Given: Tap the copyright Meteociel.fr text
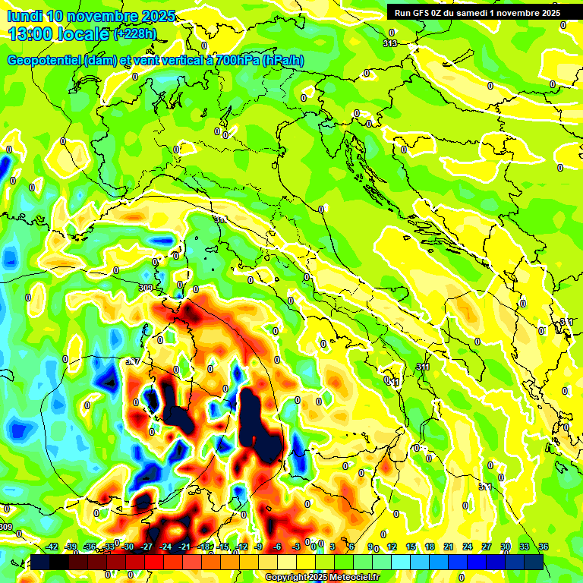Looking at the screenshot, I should coord(322,578).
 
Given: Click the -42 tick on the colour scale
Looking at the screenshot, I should coord(52,547).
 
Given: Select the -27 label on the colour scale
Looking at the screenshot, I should coord(147,547).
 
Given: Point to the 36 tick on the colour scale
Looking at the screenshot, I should coord(543,547).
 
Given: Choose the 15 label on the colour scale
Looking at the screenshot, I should coord(411,547).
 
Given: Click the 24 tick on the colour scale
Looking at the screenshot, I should coord(468,547).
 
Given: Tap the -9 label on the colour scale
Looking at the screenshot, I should coord(259,547).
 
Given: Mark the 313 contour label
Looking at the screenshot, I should coord(389,43).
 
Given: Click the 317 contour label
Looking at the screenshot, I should coord(133,362).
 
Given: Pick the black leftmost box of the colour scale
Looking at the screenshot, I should coord(41,562).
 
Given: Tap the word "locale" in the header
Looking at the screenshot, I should coord(89,34).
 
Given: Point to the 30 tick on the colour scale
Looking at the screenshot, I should coord(505,547).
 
